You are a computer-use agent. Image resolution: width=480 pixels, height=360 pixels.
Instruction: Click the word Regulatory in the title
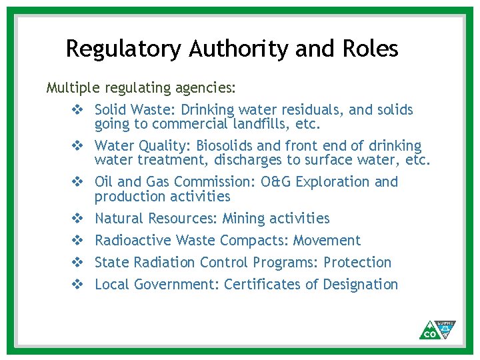point(124,49)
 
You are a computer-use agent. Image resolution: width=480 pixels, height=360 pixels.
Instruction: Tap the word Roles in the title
point(368,49)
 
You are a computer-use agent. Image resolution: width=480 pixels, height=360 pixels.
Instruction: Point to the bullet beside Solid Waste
point(77,109)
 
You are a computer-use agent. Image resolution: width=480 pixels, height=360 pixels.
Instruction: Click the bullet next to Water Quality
point(77,145)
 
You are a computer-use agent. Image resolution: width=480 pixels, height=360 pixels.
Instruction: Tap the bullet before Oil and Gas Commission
point(77,181)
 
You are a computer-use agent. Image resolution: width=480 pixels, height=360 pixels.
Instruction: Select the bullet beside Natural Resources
point(77,218)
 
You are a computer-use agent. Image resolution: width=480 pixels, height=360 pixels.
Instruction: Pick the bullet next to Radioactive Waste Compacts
point(77,240)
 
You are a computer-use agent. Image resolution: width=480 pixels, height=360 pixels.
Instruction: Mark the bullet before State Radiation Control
point(77,262)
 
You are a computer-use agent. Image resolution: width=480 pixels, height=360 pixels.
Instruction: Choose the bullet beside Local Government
point(77,284)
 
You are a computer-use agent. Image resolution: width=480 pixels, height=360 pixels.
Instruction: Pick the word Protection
point(357,262)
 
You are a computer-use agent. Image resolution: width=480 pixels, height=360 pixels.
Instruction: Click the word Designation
point(360,284)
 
